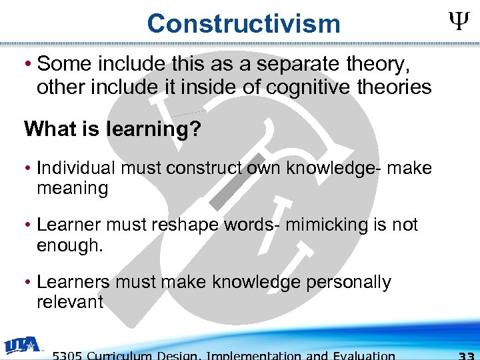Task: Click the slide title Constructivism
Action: tap(243, 24)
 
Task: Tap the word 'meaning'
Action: tap(72, 189)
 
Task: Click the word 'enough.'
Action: tap(70, 245)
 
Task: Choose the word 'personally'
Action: tap(349, 282)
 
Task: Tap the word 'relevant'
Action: tap(70, 303)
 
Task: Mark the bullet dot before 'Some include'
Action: tap(29, 65)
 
